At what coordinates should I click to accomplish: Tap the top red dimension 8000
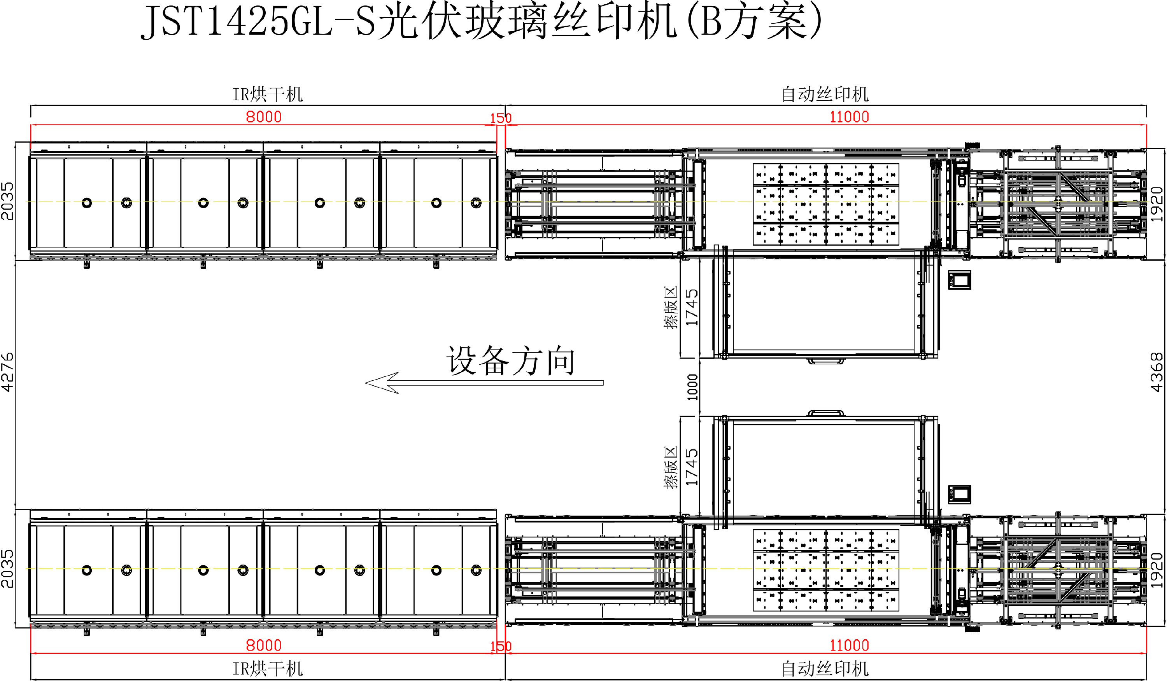click(x=263, y=117)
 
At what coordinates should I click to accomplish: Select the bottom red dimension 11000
click(x=849, y=645)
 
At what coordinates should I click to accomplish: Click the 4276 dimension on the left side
click(x=7, y=372)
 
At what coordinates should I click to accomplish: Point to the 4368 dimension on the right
click(x=1157, y=372)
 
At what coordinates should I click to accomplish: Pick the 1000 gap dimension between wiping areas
click(x=692, y=387)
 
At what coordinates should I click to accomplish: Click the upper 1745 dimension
click(x=691, y=308)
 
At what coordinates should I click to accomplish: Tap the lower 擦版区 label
click(x=670, y=468)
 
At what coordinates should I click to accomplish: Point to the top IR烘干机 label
click(x=267, y=95)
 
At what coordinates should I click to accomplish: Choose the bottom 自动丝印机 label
click(x=825, y=668)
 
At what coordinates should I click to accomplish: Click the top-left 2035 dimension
click(x=7, y=201)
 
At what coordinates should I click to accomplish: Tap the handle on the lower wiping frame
click(x=826, y=413)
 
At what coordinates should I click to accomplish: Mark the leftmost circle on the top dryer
click(x=87, y=203)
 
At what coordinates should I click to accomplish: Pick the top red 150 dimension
click(x=501, y=119)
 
